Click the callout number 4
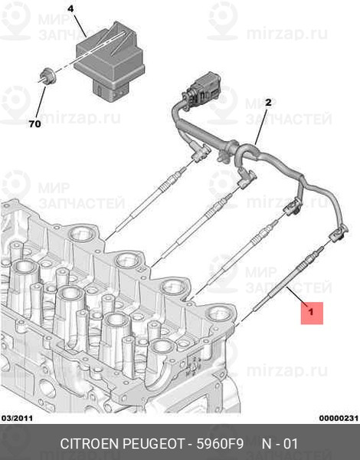click(x=70, y=8)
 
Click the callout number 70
click(x=35, y=124)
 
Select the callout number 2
click(x=268, y=103)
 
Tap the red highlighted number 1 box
click(x=312, y=313)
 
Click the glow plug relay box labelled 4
click(x=110, y=62)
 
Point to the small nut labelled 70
click(x=47, y=76)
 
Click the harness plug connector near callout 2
click(x=202, y=90)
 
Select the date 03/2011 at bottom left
click(x=17, y=418)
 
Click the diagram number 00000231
click(x=339, y=418)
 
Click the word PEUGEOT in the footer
click(x=154, y=444)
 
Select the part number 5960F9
click(x=220, y=444)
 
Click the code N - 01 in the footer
click(x=280, y=444)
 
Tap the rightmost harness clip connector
click(x=338, y=234)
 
